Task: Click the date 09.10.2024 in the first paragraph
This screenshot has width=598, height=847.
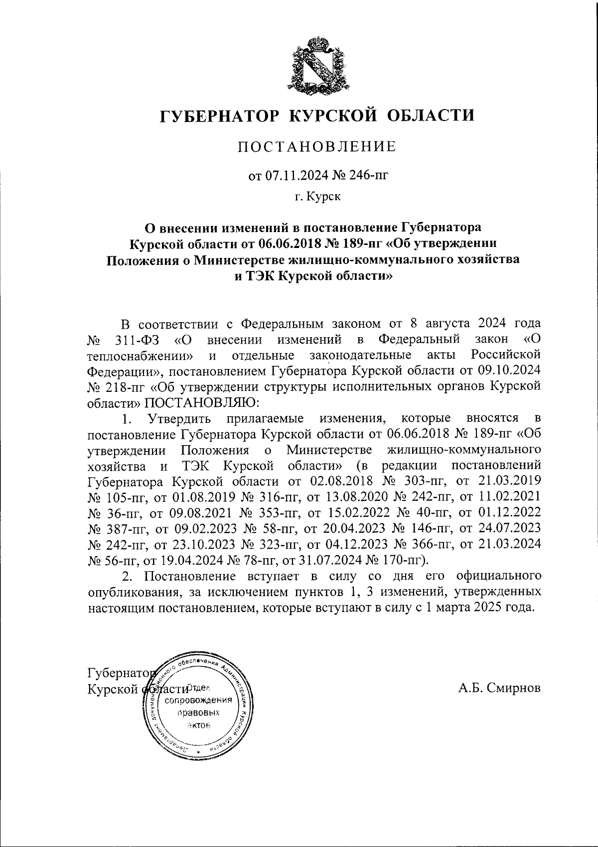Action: click(514, 371)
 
